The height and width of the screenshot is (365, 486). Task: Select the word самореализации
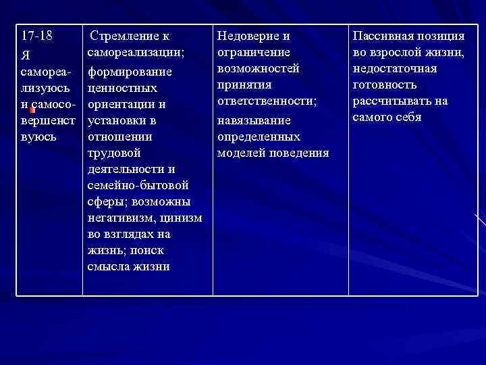pyautogui.click(x=136, y=51)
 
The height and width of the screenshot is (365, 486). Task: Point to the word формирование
pyautogui.click(x=130, y=72)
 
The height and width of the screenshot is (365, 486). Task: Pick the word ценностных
pyautogui.click(x=122, y=89)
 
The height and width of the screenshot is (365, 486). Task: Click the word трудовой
pyautogui.click(x=114, y=153)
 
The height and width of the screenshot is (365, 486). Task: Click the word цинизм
pyautogui.click(x=181, y=218)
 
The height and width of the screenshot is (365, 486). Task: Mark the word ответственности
pyautogui.click(x=267, y=101)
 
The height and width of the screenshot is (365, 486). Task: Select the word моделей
pyautogui.click(x=241, y=153)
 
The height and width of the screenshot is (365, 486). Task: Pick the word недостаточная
pyautogui.click(x=395, y=68)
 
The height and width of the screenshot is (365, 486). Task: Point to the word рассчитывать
pyautogui.click(x=395, y=101)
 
